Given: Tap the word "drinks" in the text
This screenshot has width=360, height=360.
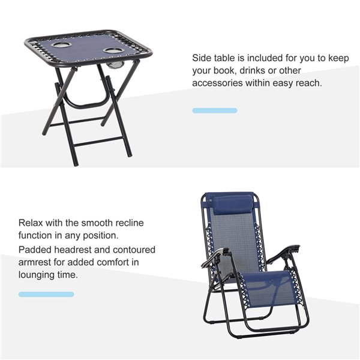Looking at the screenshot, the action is (x=253, y=70).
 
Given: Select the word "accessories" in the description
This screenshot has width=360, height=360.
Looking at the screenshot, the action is (x=217, y=83).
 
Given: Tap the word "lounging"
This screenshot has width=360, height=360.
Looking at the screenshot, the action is (x=36, y=275).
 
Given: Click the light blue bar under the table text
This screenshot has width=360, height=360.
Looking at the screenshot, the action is (x=215, y=110).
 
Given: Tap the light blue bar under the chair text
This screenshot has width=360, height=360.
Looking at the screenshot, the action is (x=46, y=294).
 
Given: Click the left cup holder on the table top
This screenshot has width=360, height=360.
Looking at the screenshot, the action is (x=59, y=45).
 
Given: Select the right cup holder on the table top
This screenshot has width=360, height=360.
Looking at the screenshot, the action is (x=112, y=51).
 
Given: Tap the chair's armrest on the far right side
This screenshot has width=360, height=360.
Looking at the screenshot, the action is (x=284, y=253).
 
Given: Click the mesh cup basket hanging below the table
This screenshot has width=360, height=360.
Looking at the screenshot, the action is (x=116, y=65).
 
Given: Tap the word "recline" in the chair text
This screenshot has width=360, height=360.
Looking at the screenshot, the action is (x=129, y=223).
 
